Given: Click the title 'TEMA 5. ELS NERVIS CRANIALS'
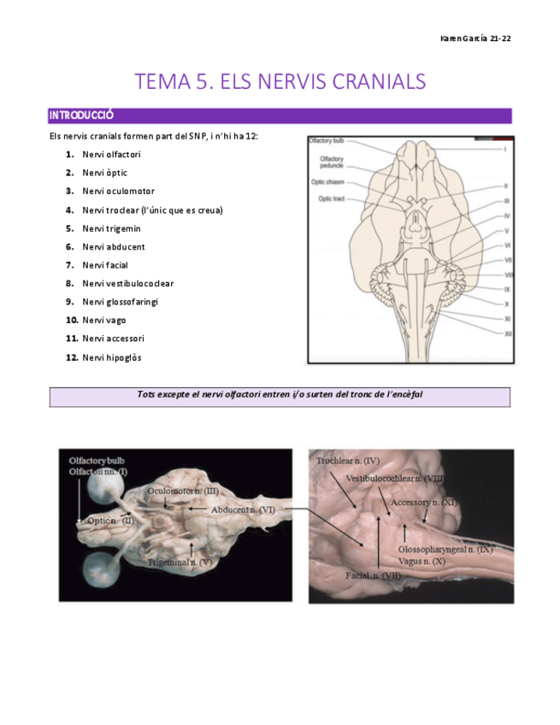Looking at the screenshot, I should [x=280, y=82].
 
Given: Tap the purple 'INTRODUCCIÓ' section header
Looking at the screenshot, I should [x=82, y=115].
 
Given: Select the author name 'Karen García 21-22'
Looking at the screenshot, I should [x=475, y=39].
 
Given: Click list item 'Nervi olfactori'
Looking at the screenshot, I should [x=111, y=155].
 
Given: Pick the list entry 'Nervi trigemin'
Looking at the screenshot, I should [x=111, y=228].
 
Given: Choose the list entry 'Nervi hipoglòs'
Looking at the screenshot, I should [x=112, y=357].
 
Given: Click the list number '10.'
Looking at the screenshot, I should [x=72, y=320].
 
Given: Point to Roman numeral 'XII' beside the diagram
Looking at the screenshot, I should [x=508, y=333].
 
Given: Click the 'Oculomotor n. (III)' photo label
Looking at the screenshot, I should [x=183, y=491].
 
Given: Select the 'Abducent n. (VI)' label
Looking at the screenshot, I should [x=242, y=510].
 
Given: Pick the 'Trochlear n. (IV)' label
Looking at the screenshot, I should [x=348, y=461].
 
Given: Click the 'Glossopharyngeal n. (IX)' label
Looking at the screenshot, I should [x=445, y=549].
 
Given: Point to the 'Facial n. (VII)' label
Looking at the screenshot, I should [x=374, y=576].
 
